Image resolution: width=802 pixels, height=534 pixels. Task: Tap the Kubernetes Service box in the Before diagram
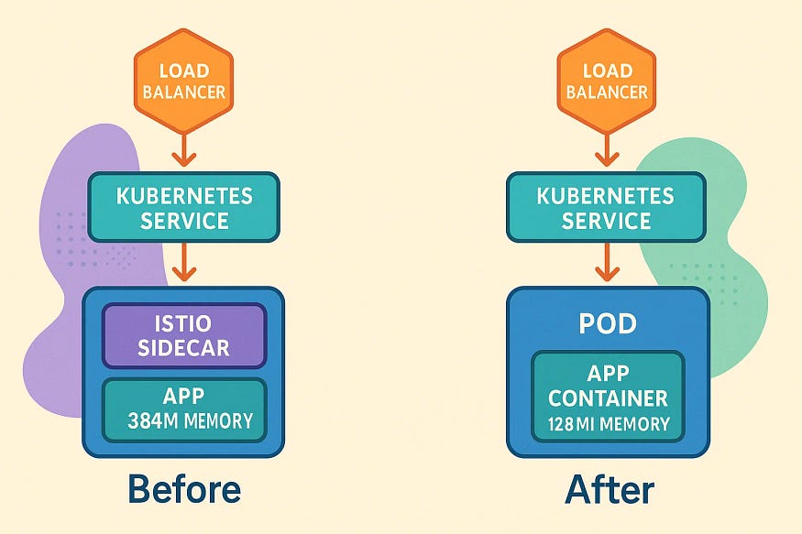click(183, 207)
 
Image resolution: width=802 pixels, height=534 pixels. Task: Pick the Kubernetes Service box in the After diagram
click(606, 207)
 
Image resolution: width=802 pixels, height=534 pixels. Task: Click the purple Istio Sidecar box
click(183, 335)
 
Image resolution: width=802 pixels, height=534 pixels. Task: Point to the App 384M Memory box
click(183, 409)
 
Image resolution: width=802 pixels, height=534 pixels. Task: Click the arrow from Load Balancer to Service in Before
click(184, 149)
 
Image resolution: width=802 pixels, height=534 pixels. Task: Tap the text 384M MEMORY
click(192, 422)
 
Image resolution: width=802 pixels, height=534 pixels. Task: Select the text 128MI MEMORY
click(609, 424)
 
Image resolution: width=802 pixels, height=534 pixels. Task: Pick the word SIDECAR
click(183, 348)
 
